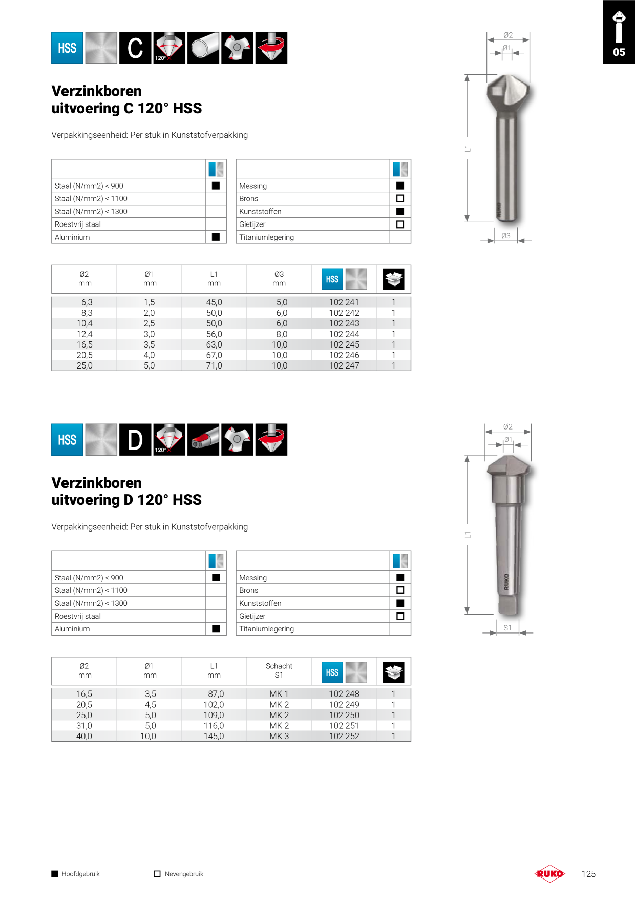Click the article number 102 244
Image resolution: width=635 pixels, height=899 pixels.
tap(344, 334)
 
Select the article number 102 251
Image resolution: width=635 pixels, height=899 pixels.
tap(344, 726)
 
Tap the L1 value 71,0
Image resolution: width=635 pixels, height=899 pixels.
tap(214, 366)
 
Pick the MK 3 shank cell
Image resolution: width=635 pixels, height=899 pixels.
tap(279, 737)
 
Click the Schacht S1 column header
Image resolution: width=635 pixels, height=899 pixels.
tap(279, 670)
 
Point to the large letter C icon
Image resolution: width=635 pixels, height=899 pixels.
tap(135, 48)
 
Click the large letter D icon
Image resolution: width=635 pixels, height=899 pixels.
tap(135, 440)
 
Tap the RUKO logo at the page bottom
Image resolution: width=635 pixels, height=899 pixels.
tap(550, 874)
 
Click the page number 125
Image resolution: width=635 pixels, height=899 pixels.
tap(588, 874)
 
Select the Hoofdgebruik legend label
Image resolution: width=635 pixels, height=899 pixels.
tap(80, 874)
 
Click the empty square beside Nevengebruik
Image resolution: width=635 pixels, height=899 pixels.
tap(157, 874)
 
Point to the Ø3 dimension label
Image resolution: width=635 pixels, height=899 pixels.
tap(506, 236)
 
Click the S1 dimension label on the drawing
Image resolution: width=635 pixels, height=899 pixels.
tap(507, 628)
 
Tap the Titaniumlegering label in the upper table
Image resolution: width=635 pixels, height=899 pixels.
tap(266, 237)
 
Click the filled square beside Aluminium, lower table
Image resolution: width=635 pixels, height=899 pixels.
tap(216, 629)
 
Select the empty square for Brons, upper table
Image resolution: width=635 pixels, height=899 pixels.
tap(400, 198)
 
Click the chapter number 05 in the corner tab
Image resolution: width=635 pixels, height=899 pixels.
tap(619, 52)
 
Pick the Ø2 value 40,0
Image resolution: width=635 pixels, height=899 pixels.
tap(84, 737)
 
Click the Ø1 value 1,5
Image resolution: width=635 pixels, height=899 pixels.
tap(149, 302)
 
